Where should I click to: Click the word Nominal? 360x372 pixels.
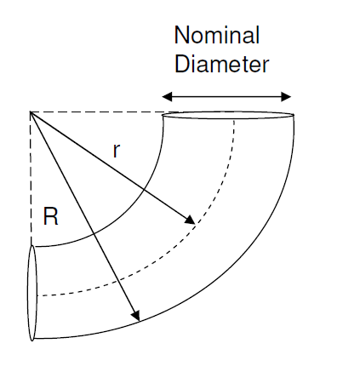[217, 35]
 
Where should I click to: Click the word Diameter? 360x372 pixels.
[221, 64]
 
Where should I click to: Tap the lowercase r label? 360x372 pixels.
[117, 151]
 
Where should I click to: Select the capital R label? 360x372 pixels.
[50, 216]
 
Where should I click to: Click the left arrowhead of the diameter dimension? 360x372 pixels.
[167, 97]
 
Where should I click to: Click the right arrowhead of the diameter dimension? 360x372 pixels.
[286, 97]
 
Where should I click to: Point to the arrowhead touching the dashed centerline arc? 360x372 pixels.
[191, 220]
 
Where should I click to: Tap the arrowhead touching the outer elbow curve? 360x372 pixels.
[135, 315]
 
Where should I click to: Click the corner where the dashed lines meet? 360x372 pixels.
[31, 112]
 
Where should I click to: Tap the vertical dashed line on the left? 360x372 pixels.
[31, 179]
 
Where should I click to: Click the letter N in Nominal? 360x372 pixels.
[182, 35]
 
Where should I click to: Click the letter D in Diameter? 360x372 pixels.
[182, 64]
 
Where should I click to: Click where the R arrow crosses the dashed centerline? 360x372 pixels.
[120, 281]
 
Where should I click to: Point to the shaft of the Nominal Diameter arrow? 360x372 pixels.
[226, 97]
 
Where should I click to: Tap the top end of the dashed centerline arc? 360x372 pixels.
[234, 120]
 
